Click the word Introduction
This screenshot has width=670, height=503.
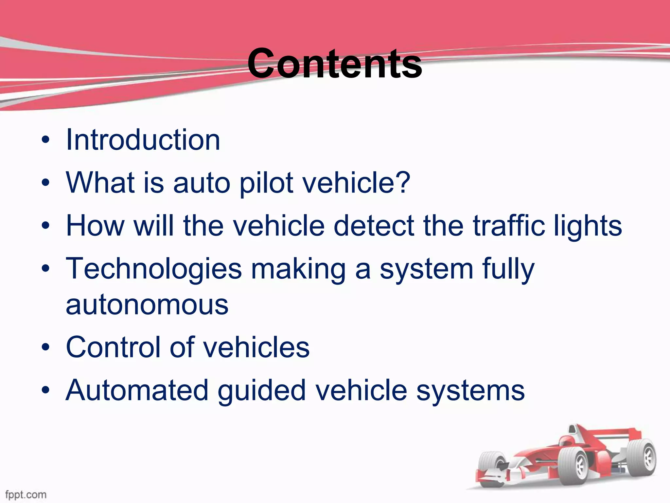tap(143, 140)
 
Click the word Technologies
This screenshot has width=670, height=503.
tap(154, 269)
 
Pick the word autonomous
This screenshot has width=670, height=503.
tap(147, 305)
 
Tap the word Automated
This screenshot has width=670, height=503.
tap(137, 390)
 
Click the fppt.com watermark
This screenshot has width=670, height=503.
tap(26, 494)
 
